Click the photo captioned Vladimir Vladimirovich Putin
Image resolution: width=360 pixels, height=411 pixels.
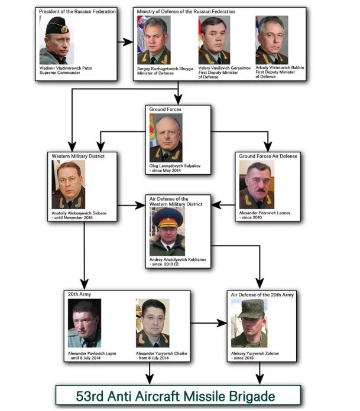pyautogui.click(x=57, y=41)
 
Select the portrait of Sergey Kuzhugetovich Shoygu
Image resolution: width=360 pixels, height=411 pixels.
pyautogui.click(x=154, y=40)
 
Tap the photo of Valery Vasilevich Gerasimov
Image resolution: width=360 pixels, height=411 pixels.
pyautogui.click(x=214, y=40)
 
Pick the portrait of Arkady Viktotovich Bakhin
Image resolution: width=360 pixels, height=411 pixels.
pyautogui.click(x=272, y=40)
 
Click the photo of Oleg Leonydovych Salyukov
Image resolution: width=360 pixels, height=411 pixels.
pyautogui.click(x=166, y=137)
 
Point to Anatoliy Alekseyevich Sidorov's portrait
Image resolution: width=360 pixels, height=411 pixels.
pyautogui.click(x=68, y=185)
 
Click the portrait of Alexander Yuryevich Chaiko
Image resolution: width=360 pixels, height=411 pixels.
pyautogui.click(x=153, y=322)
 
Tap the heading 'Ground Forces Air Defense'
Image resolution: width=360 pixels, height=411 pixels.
pyautogui.click(x=268, y=156)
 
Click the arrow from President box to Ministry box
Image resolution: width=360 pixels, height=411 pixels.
pyautogui.click(x=124, y=42)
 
